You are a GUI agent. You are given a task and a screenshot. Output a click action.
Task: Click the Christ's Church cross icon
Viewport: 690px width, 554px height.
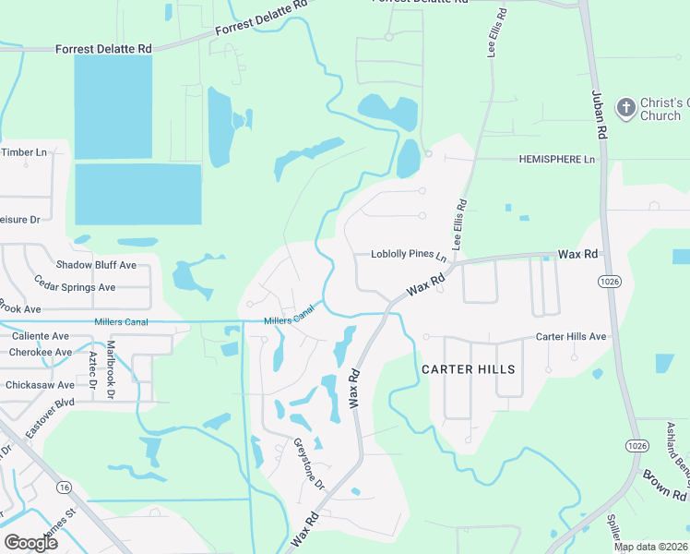click(625, 108)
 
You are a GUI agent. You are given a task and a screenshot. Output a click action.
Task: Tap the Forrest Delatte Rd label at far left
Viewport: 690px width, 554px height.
click(103, 48)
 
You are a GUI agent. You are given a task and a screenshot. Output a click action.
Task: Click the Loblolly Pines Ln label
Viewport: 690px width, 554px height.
click(409, 254)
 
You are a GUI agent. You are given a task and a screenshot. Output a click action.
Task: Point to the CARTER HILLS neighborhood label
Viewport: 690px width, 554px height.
click(468, 368)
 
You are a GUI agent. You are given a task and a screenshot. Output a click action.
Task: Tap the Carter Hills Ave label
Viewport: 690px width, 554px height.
click(571, 337)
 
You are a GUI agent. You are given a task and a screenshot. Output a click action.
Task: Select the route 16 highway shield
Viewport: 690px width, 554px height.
click(64, 486)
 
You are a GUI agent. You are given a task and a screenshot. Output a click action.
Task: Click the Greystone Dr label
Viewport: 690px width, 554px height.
click(309, 463)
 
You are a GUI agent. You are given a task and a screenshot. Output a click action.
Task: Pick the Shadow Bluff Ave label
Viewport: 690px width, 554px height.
click(96, 265)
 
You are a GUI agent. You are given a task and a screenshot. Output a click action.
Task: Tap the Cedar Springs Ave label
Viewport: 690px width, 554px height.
click(75, 287)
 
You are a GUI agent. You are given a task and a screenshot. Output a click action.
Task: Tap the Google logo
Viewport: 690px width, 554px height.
click(30, 542)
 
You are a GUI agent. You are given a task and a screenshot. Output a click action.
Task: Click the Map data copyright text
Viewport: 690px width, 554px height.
click(651, 547)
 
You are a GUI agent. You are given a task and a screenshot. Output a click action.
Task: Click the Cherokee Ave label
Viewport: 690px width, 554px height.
click(41, 352)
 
